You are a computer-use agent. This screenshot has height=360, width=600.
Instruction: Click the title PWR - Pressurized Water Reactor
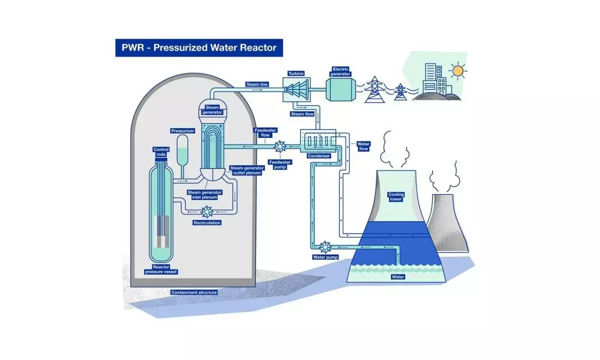(x=199, y=48)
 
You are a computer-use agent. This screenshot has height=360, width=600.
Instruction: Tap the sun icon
(x=457, y=70)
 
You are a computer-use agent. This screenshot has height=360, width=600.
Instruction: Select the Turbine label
(x=296, y=73)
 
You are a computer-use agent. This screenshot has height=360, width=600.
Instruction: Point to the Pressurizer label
(x=182, y=130)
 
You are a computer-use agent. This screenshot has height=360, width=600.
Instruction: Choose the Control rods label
(x=161, y=151)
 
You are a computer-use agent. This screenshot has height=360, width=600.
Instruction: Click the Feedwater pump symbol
(x=279, y=146)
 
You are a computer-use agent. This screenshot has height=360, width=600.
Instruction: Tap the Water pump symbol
(x=325, y=246)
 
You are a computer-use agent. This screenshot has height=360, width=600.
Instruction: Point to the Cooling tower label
(x=396, y=196)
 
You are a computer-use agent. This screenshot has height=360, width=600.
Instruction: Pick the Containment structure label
(x=194, y=292)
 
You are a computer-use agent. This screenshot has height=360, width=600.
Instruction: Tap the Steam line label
(x=257, y=84)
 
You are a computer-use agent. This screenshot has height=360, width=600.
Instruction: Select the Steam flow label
(x=302, y=114)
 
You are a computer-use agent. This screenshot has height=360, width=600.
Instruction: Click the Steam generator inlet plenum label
(x=205, y=194)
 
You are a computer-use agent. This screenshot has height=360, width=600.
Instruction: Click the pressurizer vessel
(x=182, y=150)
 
